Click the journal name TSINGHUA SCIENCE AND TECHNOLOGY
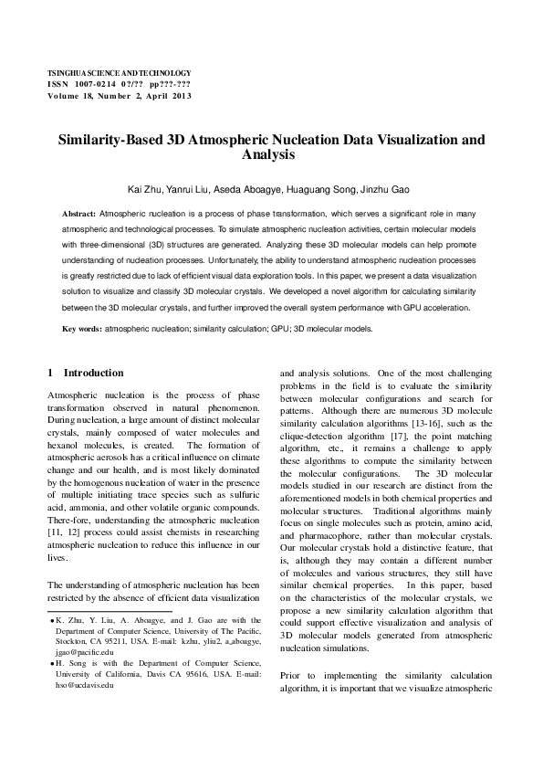point(119,73)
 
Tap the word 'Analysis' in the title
point(272,156)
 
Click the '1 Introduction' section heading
point(85,373)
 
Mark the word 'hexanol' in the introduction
point(68,444)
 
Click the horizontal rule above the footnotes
point(109,611)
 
